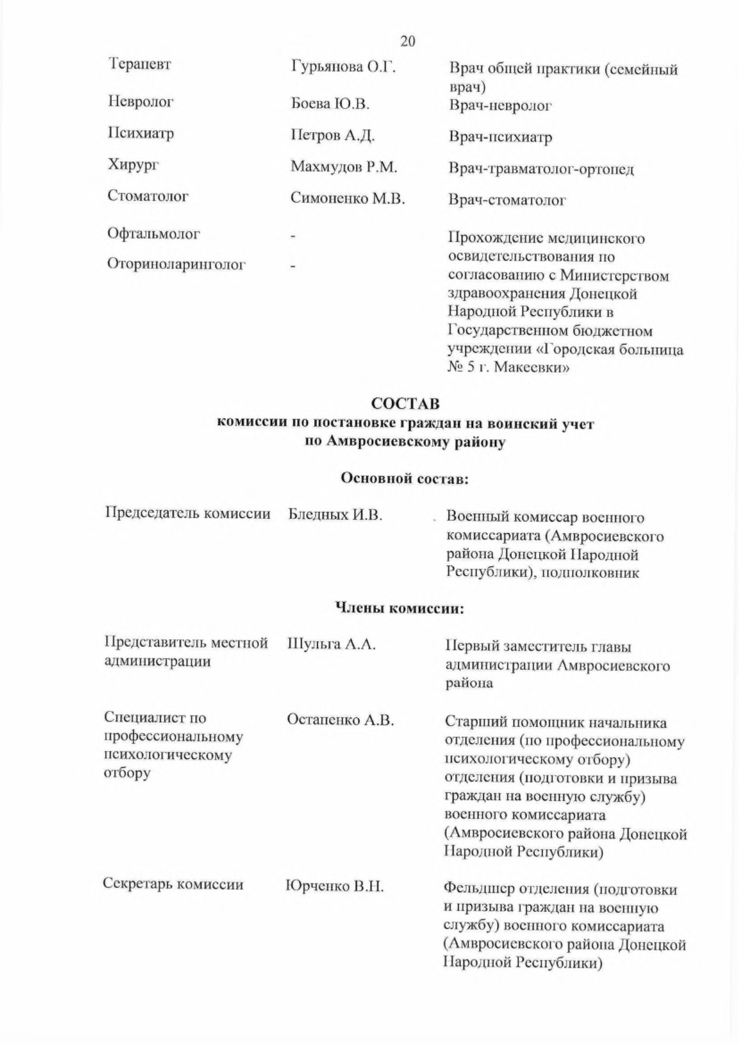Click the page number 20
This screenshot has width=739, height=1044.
click(408, 41)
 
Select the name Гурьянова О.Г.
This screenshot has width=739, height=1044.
click(343, 67)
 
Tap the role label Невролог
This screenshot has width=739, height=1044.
click(140, 102)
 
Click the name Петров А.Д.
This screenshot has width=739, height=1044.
click(332, 135)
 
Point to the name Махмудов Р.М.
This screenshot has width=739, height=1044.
click(343, 167)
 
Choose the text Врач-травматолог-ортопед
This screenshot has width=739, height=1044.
click(541, 169)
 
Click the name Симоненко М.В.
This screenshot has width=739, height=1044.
click(347, 198)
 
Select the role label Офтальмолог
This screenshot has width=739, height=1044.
click(154, 233)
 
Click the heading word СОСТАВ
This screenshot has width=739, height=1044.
click(405, 404)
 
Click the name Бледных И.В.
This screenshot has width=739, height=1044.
click(335, 515)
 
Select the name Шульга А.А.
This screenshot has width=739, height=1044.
click(331, 644)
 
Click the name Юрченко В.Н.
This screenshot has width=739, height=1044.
click(334, 886)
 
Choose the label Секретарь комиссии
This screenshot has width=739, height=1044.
click(173, 884)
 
